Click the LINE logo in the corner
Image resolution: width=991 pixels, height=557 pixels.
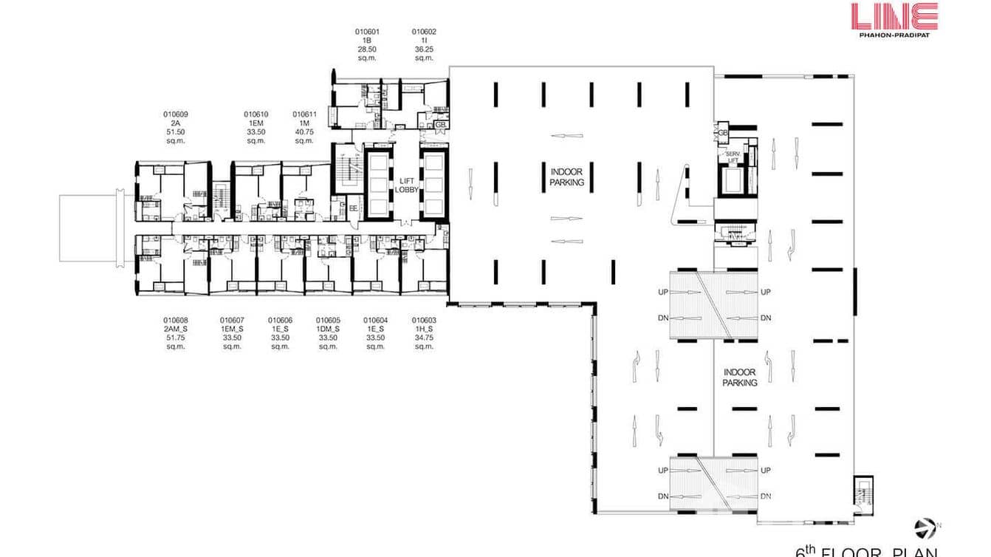[x=894, y=16]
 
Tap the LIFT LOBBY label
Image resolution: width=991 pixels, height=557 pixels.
[x=407, y=184]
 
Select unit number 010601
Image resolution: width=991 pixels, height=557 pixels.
[x=367, y=32]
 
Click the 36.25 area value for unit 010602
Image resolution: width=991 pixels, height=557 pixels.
[x=424, y=49]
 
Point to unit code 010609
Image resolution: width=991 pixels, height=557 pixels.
[x=175, y=115]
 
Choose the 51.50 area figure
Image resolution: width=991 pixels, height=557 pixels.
[x=175, y=131]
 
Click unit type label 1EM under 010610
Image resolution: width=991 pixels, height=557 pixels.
[x=256, y=123]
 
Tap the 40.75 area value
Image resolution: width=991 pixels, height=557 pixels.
[x=304, y=131]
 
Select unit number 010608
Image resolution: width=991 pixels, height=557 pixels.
[x=175, y=320]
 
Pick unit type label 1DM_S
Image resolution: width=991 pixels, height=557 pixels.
[x=328, y=329]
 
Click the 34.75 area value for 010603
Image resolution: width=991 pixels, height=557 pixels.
[x=424, y=338]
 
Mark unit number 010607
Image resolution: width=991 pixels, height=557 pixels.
[x=232, y=320]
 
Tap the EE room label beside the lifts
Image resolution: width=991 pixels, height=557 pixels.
[x=353, y=209]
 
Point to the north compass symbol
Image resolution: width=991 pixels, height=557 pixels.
[x=924, y=527]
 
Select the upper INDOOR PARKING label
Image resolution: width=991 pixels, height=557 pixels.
[x=567, y=177]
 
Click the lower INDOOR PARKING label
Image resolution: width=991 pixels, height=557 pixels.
[x=740, y=377]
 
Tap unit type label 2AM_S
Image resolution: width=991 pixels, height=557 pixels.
[x=175, y=329]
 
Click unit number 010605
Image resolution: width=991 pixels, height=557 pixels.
[x=328, y=320]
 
